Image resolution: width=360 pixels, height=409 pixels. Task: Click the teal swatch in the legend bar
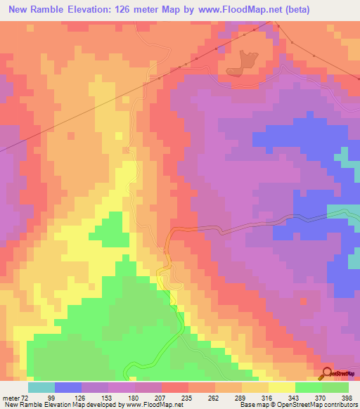pos(41,387)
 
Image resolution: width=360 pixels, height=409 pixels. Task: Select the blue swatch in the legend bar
pos(68,387)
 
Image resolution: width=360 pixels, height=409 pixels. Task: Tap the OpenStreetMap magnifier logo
pos(327,372)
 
